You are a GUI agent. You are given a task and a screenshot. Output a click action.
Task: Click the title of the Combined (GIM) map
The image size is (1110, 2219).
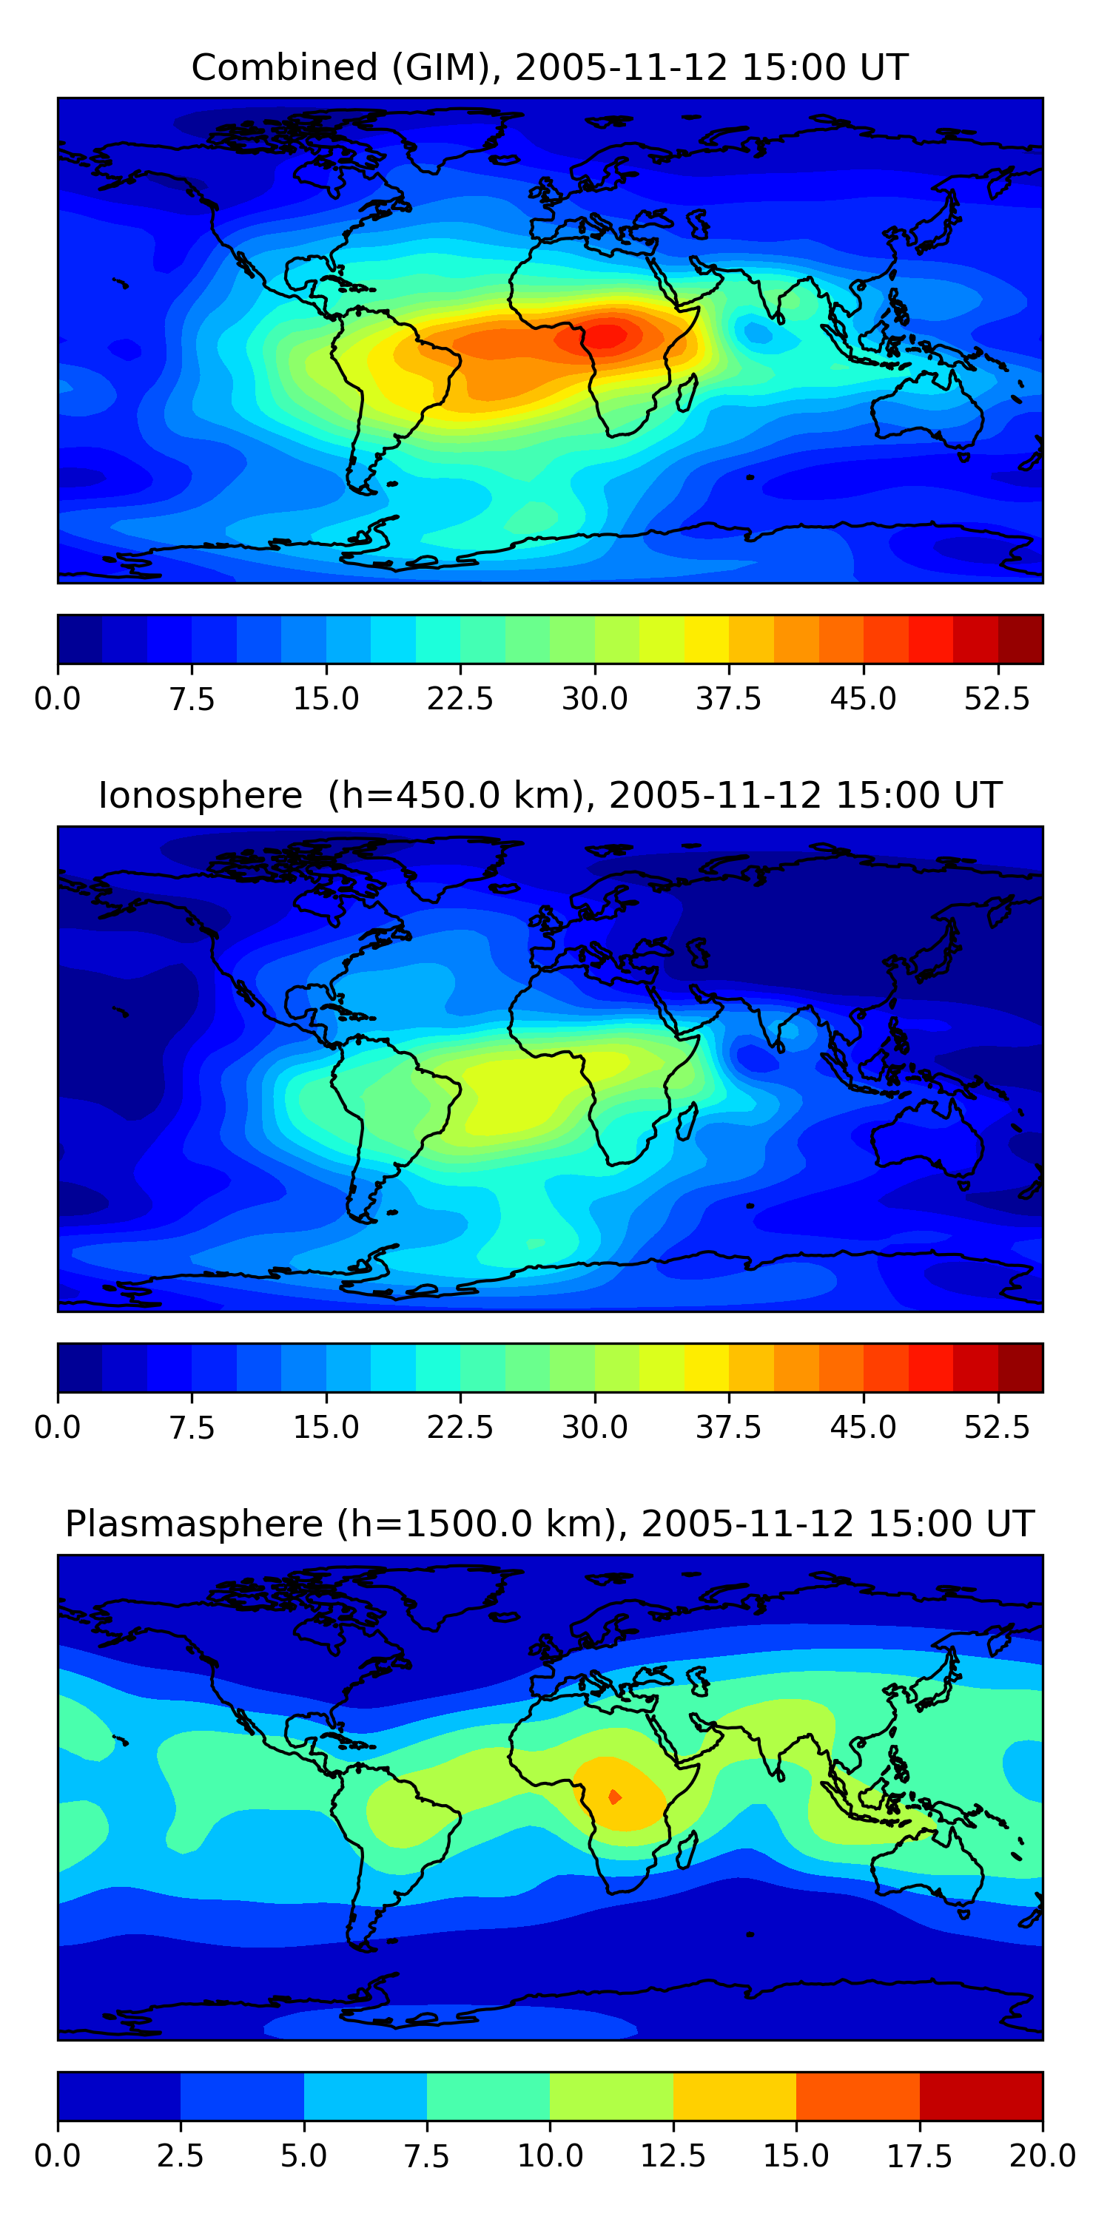pyautogui.click(x=550, y=67)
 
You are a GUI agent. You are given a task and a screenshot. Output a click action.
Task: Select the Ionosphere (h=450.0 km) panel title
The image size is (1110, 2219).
pyautogui.click(x=550, y=795)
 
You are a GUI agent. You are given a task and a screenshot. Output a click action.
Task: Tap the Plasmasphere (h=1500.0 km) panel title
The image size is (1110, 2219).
pyautogui.click(x=550, y=1524)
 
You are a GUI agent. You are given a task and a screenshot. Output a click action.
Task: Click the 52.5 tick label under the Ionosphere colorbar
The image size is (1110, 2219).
pyautogui.click(x=997, y=1428)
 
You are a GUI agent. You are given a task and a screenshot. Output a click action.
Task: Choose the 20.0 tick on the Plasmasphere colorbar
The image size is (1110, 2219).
pyautogui.click(x=1042, y=2156)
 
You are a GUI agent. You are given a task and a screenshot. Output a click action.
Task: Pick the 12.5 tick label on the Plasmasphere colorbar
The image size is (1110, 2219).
pyautogui.click(x=673, y=2156)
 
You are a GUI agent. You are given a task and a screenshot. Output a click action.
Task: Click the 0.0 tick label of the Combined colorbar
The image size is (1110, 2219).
pyautogui.click(x=58, y=698)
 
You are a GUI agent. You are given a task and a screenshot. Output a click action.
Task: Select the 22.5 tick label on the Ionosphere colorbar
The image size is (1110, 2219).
pyautogui.click(x=460, y=1428)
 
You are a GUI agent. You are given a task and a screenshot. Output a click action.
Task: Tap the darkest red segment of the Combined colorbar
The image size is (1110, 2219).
pyautogui.click(x=1020, y=639)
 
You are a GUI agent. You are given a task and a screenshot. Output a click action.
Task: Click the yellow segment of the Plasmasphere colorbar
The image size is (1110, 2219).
pyautogui.click(x=734, y=2095)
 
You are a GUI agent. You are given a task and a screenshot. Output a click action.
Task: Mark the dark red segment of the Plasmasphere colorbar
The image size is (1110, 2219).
pyautogui.click(x=980, y=2095)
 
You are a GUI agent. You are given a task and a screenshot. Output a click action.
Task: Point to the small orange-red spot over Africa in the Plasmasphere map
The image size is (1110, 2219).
pyautogui.click(x=614, y=1797)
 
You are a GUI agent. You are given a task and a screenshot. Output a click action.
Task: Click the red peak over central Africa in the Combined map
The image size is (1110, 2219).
pyautogui.click(x=608, y=336)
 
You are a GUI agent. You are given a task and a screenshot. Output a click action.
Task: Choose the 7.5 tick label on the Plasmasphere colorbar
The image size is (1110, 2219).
pyautogui.click(x=426, y=2156)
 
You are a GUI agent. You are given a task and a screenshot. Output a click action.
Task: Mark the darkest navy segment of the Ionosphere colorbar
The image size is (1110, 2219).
pyautogui.click(x=80, y=1367)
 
